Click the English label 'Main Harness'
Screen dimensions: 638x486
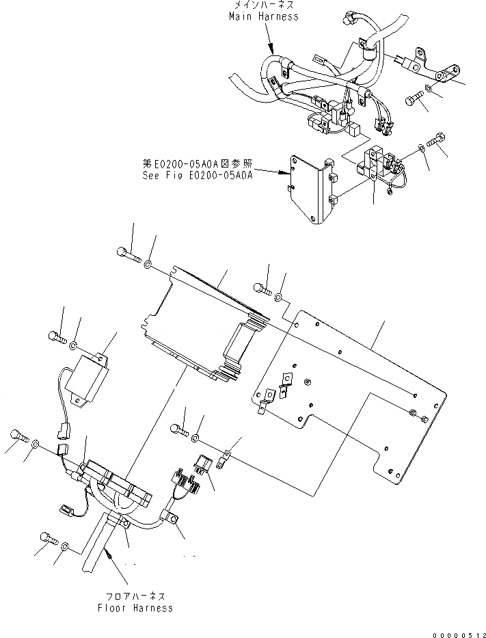(x=263, y=16)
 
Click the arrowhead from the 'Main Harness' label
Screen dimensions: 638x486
(x=274, y=52)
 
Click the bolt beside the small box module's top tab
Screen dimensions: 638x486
(x=56, y=336)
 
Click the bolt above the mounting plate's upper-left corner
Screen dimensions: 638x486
(x=262, y=290)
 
